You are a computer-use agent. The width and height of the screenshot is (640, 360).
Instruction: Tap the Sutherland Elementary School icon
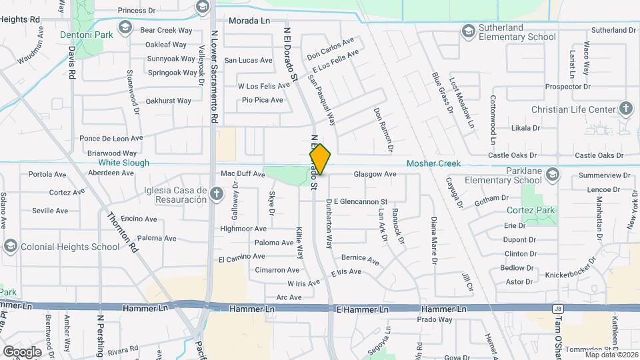tap(469, 31)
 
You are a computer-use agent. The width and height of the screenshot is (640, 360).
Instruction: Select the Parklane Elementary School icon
tap(552, 175)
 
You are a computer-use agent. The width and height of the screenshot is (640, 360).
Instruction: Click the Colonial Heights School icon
tap(10, 247)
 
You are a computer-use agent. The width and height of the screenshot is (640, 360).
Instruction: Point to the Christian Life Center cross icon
tap(626, 109)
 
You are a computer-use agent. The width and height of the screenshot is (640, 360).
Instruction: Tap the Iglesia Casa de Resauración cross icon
tap(215, 194)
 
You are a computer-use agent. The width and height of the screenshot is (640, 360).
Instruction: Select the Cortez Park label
tap(540, 210)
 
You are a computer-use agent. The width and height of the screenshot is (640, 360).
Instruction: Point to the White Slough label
tap(124, 163)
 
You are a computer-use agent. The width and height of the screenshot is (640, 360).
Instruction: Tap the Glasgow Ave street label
tap(375, 174)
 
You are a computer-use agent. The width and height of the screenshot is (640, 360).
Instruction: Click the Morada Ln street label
tap(249, 21)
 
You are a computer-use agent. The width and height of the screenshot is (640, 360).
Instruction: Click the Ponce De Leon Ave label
tap(111, 139)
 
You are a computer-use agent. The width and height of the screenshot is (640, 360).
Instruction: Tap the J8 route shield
tap(557, 309)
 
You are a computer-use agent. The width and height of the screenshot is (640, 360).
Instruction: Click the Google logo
tap(21, 351)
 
